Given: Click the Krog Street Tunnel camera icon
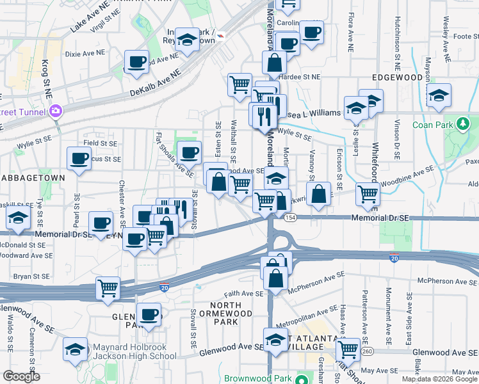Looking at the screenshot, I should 56,111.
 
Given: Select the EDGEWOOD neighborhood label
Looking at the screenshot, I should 398,77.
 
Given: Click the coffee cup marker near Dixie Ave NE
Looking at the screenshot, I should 136,62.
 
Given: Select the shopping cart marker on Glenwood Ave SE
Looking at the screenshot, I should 348,349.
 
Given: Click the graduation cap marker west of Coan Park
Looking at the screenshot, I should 439,95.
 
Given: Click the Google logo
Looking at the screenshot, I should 22,377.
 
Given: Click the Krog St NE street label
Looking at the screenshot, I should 46,76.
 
